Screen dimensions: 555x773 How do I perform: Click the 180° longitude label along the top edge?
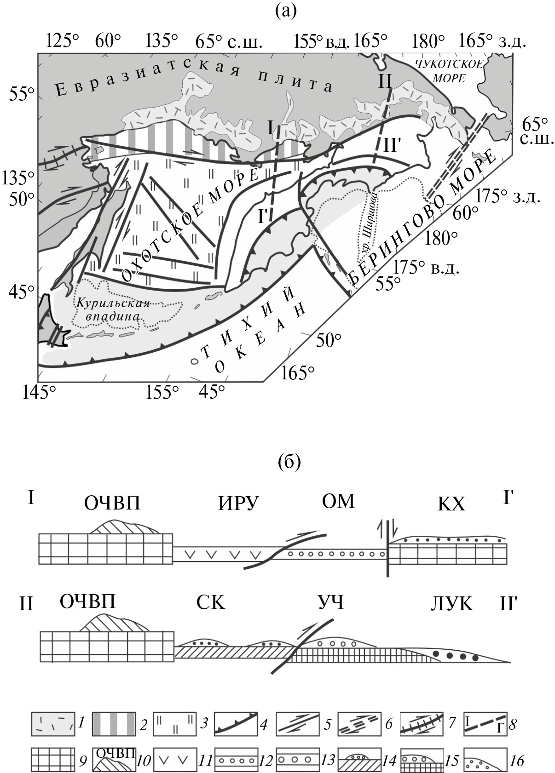[x=428, y=41]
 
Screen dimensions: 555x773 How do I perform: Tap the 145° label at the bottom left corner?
[x=39, y=392]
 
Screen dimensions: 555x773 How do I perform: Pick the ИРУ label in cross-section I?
[x=238, y=504]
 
